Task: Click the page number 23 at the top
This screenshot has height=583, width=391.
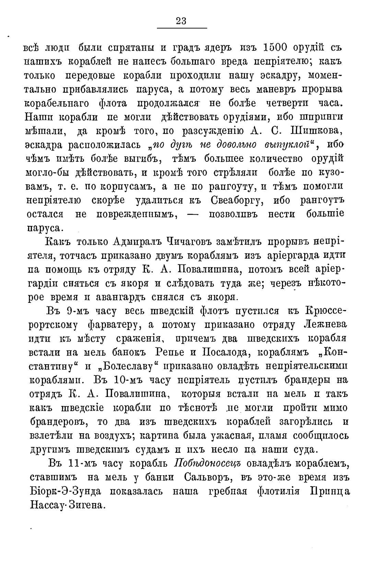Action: (181, 21)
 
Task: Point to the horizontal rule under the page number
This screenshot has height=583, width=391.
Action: (182, 28)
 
